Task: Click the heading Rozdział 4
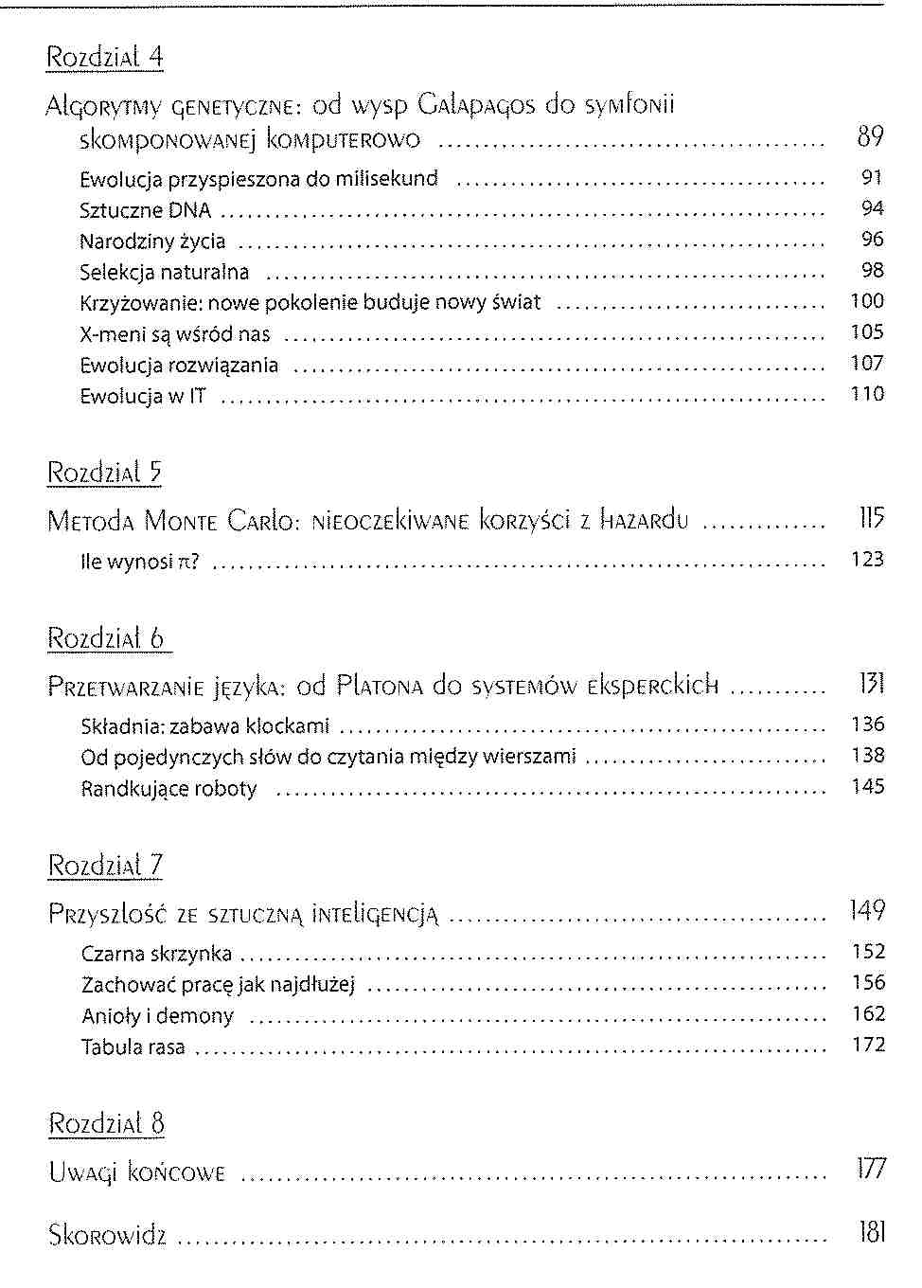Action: tap(105, 57)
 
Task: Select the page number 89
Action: tap(869, 137)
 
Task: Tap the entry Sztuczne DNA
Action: tap(145, 210)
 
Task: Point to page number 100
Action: tap(867, 301)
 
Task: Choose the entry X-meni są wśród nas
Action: tap(175, 334)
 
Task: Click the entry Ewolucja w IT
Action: tap(142, 396)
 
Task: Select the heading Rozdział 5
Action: tap(105, 472)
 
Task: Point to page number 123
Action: tap(867, 560)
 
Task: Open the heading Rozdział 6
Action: tap(107, 637)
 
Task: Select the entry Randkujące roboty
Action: tap(168, 789)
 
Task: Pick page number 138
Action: tap(867, 756)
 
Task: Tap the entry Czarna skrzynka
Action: tap(156, 954)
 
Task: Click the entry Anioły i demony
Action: tap(157, 1016)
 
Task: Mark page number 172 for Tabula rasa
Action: tap(867, 1045)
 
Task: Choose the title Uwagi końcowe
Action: tap(136, 1173)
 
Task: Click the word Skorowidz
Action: tap(107, 1235)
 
